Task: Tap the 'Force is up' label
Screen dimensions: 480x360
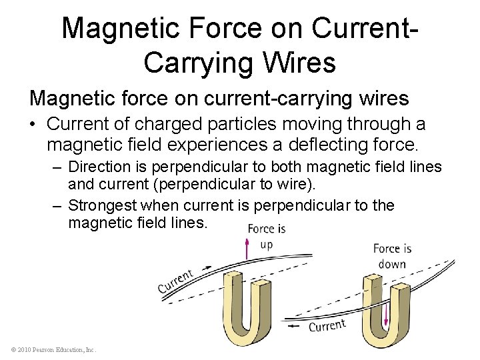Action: tap(266, 235)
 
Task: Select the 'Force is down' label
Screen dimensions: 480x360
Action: tap(392, 255)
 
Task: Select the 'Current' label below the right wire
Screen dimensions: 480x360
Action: tap(327, 326)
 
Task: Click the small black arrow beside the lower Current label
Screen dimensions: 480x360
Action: tap(295, 327)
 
